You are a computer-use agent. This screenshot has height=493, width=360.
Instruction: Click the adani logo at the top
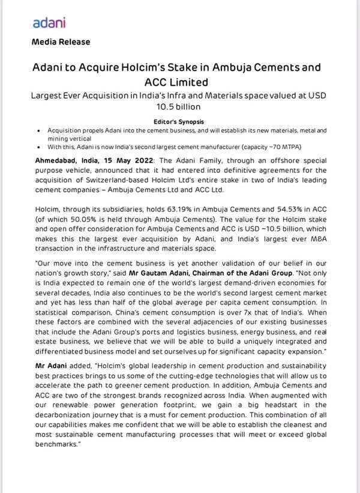point(49,23)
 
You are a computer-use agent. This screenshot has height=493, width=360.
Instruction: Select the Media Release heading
point(61,42)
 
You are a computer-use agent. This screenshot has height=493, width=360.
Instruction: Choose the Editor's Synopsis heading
point(179,121)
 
